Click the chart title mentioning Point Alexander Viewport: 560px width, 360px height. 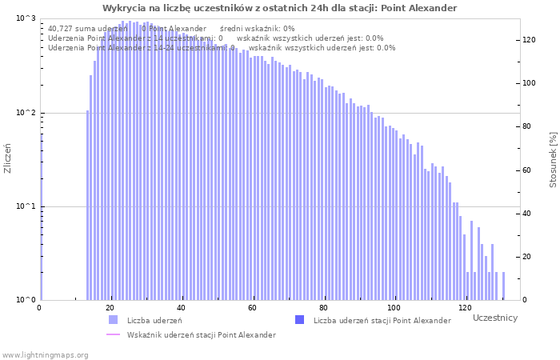[280, 8]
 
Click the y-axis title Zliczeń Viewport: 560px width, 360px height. [8, 158]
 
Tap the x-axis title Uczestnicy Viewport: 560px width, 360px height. [494, 318]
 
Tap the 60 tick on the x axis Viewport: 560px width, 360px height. [252, 308]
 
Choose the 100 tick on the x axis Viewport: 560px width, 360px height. [394, 308]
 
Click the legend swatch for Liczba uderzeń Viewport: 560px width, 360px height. [113, 320]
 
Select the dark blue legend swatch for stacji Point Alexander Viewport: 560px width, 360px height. [300, 320]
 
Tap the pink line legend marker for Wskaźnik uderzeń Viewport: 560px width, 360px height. [113, 334]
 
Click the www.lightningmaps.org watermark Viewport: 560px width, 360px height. [44, 354]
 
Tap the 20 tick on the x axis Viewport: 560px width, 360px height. [110, 308]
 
